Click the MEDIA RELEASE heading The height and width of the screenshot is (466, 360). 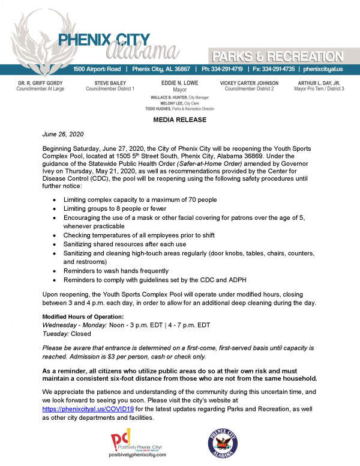click(180, 120)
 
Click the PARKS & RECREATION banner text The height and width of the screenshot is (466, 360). click(280, 56)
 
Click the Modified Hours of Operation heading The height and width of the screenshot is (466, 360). click(83, 316)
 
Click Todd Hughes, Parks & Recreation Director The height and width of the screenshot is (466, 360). click(180, 109)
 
